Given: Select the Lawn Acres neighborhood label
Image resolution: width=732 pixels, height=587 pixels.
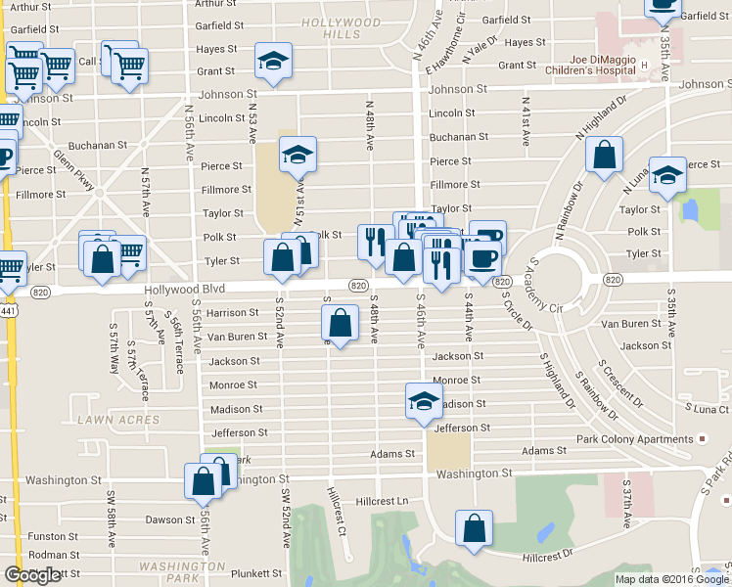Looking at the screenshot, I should click(x=118, y=420).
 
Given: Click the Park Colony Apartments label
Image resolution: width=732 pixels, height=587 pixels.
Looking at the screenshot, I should click(x=634, y=439).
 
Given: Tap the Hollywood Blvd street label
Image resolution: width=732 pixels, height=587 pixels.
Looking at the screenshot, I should click(x=184, y=289).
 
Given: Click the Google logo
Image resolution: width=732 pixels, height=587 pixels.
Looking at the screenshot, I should click(x=32, y=575).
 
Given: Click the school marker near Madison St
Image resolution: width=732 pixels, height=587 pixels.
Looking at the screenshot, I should click(x=424, y=400).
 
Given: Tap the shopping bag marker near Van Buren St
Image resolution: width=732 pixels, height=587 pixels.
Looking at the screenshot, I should click(x=339, y=323).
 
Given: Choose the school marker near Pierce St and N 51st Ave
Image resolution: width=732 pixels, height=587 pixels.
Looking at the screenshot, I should click(x=297, y=154).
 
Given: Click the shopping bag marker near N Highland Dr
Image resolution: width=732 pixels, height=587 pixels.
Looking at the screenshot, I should click(x=606, y=155).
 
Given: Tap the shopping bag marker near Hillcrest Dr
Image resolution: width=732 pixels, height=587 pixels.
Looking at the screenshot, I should click(x=475, y=528).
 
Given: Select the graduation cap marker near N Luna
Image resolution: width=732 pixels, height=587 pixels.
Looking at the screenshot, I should click(x=667, y=173).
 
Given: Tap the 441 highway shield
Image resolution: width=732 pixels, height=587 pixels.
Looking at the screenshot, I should click(x=7, y=310).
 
